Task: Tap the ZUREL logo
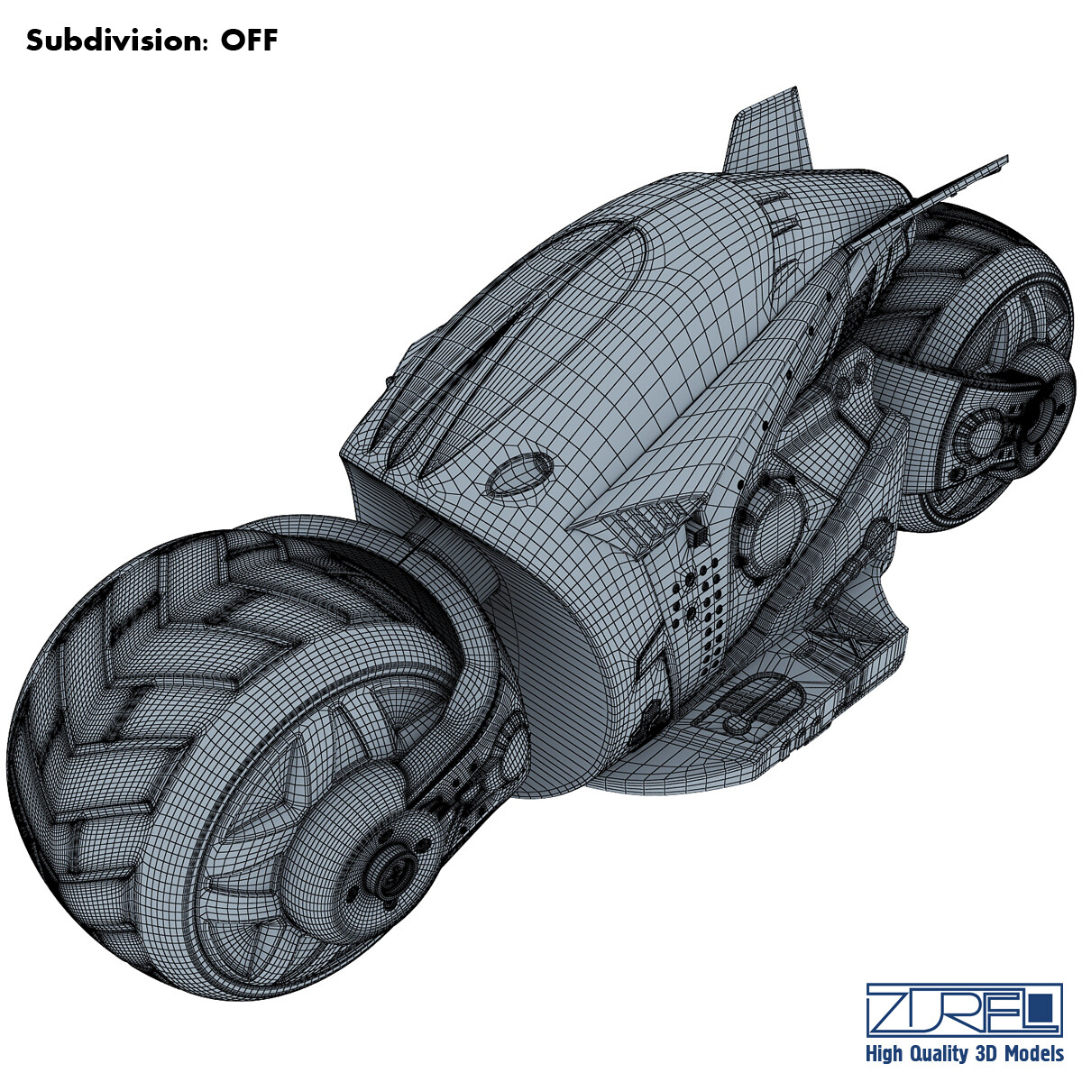964,1009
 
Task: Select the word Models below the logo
1032,1054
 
